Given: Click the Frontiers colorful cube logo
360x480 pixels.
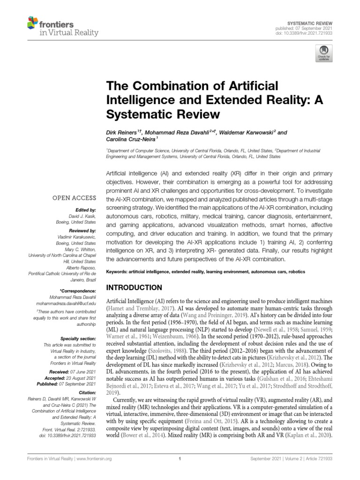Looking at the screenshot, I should pos(32,22).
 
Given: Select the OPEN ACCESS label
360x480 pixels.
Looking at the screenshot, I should pos(75,198).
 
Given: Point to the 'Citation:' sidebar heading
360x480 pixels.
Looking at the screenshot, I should pos(87,392).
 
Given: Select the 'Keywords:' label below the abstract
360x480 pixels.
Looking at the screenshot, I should pos(118,272).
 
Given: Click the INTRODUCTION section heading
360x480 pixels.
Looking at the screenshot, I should pos(136,287).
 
